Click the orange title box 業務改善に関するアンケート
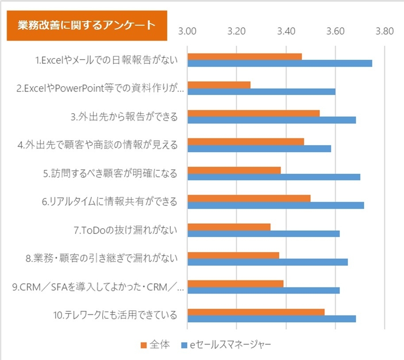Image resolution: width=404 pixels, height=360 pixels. point(87,26)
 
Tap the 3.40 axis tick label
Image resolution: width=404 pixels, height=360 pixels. point(286,32)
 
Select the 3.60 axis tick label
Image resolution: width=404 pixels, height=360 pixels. point(335,32)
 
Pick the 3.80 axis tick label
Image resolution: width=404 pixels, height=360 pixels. point(384,32)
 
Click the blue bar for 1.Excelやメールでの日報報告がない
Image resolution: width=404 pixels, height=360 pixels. point(280,63)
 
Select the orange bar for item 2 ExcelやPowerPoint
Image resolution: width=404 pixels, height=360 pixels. point(219,85)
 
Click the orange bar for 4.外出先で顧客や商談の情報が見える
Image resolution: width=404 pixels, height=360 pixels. point(246,142)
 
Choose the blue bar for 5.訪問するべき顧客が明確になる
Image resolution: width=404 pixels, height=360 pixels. point(274,177)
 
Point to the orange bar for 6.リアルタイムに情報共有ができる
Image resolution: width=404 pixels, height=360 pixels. point(249,198)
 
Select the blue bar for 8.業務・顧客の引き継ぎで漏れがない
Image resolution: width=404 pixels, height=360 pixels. point(268,262)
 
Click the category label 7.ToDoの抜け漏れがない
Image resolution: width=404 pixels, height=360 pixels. point(126,230)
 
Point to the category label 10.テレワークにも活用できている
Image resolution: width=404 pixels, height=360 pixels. point(115,315)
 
